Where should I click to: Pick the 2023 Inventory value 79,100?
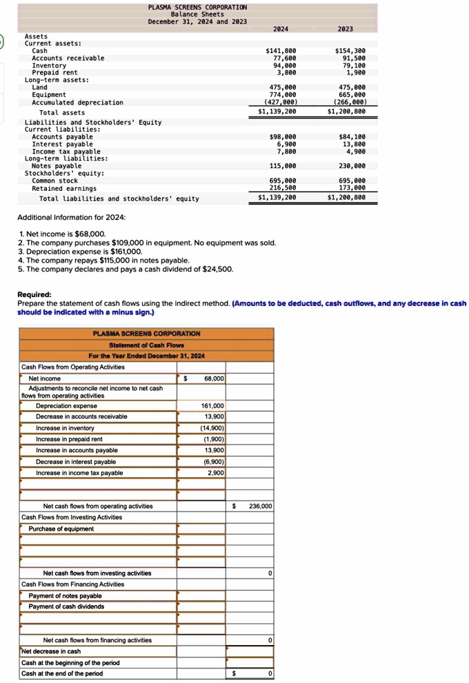350,65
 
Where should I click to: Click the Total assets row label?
62,112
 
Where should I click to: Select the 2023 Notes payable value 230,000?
350,166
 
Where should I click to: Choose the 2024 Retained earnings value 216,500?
283,187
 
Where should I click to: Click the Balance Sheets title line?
197,14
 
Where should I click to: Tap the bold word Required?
34,294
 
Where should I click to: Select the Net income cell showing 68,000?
213,378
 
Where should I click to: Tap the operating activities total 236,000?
260,506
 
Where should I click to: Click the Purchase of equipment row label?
61,529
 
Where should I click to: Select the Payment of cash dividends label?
66,606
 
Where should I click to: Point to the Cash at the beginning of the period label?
70,662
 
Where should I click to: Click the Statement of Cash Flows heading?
146,345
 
